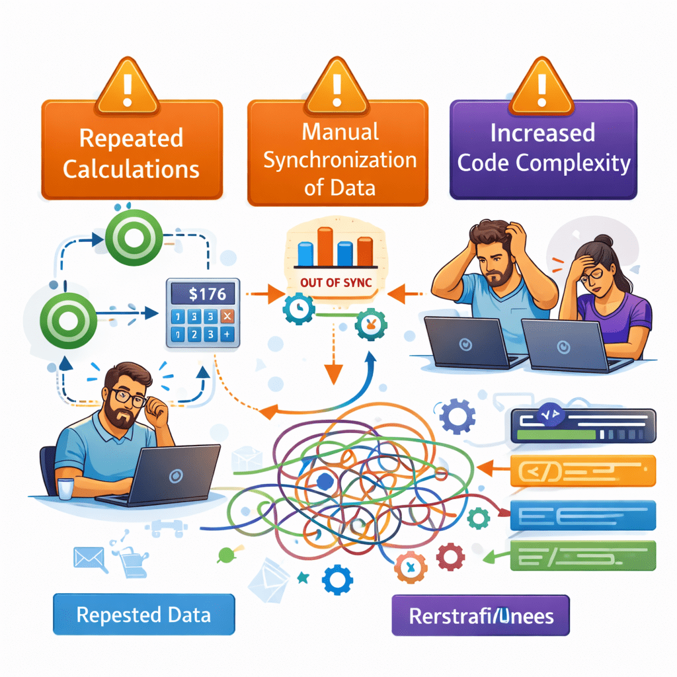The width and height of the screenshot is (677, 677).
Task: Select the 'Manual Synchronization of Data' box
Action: tap(337, 153)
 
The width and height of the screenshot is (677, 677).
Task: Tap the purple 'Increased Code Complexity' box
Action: tap(543, 149)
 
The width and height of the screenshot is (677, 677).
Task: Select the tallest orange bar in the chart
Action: tap(324, 245)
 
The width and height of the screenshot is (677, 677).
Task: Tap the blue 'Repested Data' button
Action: tap(143, 615)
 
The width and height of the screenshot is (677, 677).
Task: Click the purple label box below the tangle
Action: tap(481, 617)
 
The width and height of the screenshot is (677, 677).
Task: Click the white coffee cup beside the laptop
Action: tap(65, 488)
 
